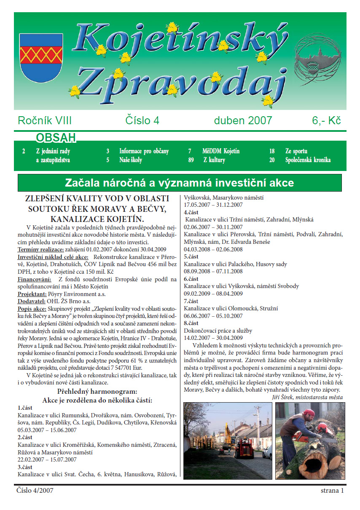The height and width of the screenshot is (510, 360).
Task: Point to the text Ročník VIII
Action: pos(45,120)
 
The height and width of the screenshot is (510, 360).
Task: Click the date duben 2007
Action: pos(243,120)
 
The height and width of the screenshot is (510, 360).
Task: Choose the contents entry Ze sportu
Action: pos(296,151)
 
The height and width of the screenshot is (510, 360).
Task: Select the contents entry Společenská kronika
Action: pos(308,160)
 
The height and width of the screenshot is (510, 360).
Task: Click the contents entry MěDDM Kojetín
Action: pos(221,151)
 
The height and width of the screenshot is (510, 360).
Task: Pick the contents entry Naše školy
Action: pos(131,160)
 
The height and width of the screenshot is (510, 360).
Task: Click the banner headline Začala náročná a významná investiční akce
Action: pos(180,183)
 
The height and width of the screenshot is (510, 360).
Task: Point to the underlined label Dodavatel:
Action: pos(31,302)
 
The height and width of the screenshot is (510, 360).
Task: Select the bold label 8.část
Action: pos(191,323)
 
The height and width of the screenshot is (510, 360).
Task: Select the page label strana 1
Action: pos(332,490)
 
